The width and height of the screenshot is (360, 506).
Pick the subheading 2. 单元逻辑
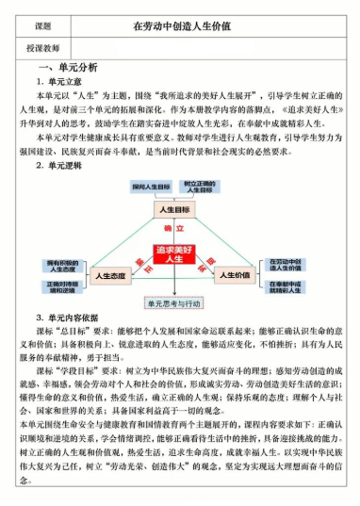pyautogui.click(x=62, y=165)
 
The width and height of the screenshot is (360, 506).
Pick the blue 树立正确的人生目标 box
pyautogui.click(x=201, y=187)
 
